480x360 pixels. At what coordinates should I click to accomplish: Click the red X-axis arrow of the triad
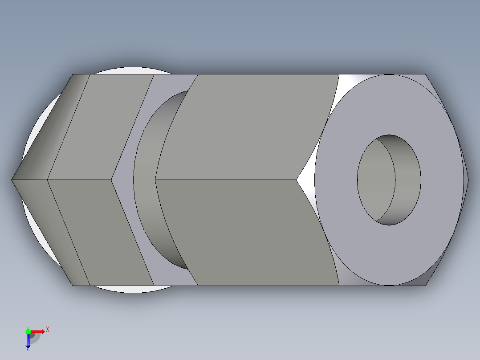click(38, 331)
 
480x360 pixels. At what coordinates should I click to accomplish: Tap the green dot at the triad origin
click(28, 331)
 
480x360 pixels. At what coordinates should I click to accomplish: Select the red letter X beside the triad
click(48, 330)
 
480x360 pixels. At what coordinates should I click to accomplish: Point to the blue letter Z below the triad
click(28, 350)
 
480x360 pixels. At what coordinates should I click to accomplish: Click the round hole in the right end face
click(389, 180)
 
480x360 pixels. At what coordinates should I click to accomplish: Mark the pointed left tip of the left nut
click(12, 180)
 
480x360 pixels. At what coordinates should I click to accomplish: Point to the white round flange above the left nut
click(129, 70)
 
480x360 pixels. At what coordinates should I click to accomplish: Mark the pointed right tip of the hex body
click(468, 180)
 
